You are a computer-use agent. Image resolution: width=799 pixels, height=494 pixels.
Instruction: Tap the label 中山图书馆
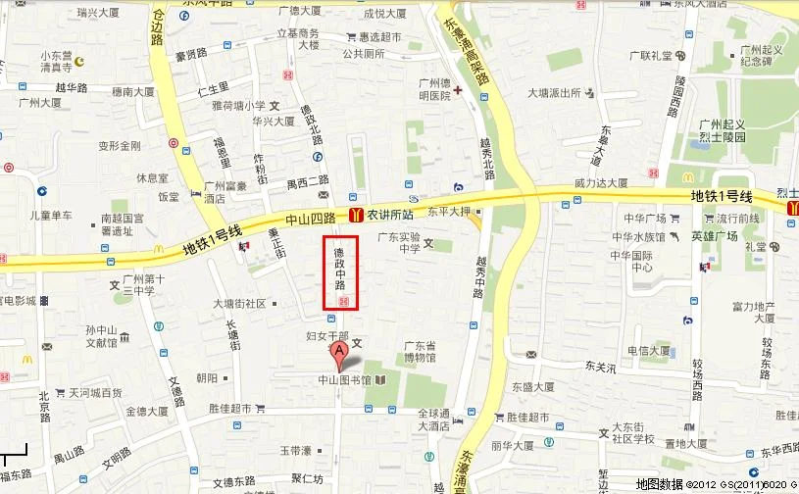pos(344,380)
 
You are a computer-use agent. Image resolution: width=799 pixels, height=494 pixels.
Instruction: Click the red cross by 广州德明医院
pos(458,90)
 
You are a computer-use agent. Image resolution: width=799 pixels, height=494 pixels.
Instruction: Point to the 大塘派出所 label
pos(555,93)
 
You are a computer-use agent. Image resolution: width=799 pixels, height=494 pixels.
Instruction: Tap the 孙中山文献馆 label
pos(102,336)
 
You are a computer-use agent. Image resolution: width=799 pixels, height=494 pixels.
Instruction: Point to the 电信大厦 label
pos(649,350)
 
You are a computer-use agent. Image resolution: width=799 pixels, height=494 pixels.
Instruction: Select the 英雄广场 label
pos(713,236)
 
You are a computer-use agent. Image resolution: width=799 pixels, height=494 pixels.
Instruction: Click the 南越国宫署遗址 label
pos(123,226)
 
